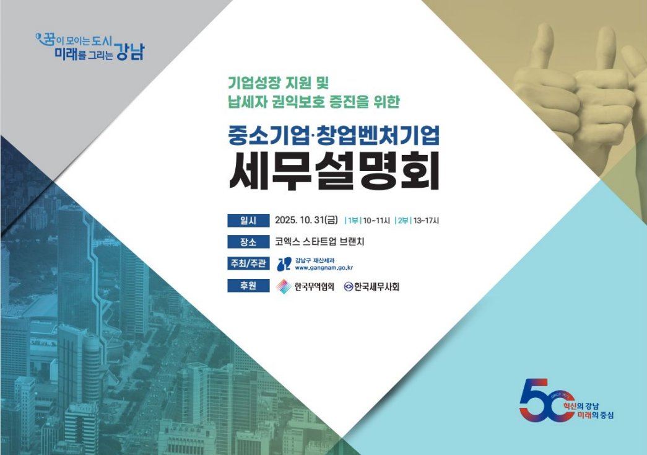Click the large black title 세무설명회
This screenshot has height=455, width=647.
tap(334, 172)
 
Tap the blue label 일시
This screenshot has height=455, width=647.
tap(248, 220)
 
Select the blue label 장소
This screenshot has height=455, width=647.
tap(248, 242)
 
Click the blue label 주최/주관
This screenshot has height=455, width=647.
tap(248, 263)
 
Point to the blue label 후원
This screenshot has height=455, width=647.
tap(248, 285)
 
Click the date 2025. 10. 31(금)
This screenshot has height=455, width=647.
tap(306, 220)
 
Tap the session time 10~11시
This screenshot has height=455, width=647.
tap(376, 221)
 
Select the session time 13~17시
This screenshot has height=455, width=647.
tap(426, 221)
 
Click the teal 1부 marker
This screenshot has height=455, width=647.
tap(353, 221)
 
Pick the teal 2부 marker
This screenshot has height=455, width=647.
tap(403, 221)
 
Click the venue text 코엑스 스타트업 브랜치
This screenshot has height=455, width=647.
tap(319, 242)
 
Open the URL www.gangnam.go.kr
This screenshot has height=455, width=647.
tap(324, 268)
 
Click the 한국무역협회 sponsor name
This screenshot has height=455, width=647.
tap(315, 286)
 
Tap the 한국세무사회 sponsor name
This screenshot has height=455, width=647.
tap(376, 286)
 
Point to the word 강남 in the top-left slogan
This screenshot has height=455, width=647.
tap(130, 51)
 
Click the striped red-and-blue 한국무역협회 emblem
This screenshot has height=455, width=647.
tap(284, 286)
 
